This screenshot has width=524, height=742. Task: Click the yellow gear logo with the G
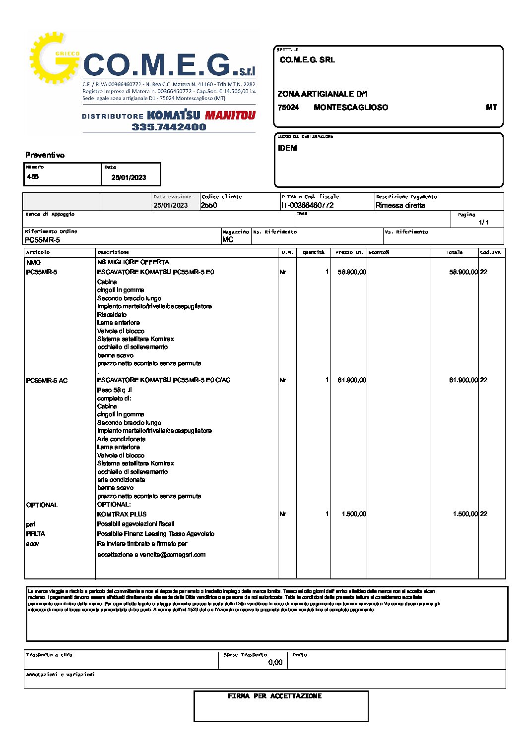tap(54, 59)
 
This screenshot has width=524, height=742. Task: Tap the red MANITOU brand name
tap(230, 115)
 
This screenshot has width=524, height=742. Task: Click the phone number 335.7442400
tap(169, 127)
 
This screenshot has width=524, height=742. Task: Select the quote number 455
tap(33, 176)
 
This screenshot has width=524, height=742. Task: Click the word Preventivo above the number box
tap(45, 155)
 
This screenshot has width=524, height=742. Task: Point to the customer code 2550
tap(209, 205)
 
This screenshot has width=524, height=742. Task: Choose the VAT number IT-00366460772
tap(308, 205)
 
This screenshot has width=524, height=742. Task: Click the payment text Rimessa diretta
tap(400, 205)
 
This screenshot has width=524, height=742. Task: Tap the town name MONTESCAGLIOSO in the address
tap(351, 108)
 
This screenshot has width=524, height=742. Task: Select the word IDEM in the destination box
tap(287, 148)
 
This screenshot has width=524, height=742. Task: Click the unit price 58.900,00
tap(352, 272)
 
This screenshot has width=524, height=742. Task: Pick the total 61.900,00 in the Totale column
tap(463, 380)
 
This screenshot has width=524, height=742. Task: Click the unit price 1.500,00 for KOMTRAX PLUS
tap(354, 514)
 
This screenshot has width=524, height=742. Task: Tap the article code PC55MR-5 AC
tap(47, 381)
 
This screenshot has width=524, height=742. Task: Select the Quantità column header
tap(314, 252)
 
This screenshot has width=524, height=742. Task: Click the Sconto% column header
tap(379, 252)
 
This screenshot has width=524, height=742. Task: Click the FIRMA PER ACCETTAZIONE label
tap(274, 696)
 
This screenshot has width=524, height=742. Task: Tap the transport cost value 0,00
tap(275, 662)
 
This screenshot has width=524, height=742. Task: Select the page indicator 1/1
tap(484, 222)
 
